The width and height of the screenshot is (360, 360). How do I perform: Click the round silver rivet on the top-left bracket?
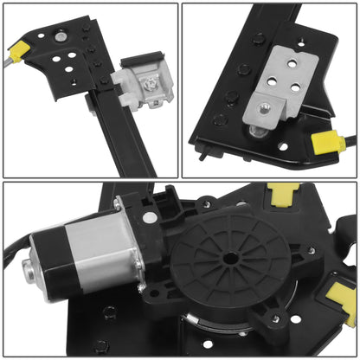coord(61,36)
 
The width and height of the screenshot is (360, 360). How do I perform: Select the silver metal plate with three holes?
coord(274,83)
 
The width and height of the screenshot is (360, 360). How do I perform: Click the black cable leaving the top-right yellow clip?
coord(346,138)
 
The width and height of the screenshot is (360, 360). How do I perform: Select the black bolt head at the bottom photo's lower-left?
coord(103,345)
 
